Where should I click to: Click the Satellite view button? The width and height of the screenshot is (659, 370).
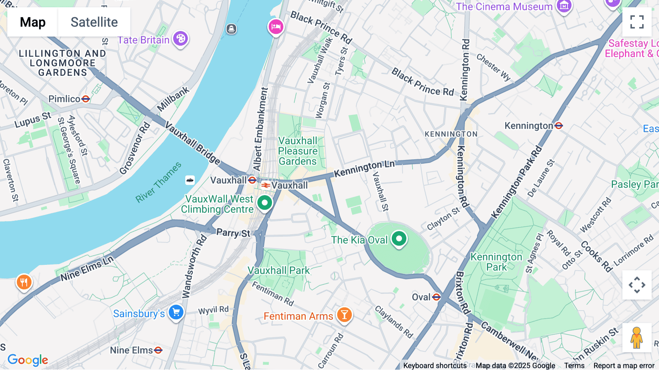pos(94,22)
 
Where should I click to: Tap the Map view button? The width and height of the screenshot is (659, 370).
pos(33,22)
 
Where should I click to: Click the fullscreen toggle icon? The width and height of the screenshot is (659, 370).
pos(637,22)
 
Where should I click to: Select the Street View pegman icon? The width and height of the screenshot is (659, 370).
pos(637,338)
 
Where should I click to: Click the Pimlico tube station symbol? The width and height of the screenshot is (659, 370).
pos(86,99)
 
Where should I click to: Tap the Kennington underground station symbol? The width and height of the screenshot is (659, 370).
pos(559,126)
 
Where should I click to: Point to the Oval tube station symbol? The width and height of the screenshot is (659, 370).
pos(436,297)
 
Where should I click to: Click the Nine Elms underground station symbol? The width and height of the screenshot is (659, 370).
pos(158,350)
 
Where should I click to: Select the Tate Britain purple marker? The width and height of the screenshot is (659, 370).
pos(180,38)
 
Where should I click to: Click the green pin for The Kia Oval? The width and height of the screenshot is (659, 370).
pos(399,239)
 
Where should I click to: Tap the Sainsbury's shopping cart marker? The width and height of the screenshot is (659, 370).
pos(176,312)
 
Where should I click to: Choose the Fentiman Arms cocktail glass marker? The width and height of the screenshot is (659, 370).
pos(344,314)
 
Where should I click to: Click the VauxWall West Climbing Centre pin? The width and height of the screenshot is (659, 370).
pos(265,203)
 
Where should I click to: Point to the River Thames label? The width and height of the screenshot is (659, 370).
pos(158,182)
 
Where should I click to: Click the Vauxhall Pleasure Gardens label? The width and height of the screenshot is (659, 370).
pos(298,151)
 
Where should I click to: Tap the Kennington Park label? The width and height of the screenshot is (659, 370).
pos(496,262)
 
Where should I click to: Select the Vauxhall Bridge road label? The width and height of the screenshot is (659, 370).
pos(192,143)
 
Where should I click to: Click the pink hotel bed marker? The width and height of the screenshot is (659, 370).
pos(276,27)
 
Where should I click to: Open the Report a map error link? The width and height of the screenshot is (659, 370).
pos(624,366)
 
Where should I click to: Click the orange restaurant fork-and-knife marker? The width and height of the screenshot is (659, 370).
pos(24,282)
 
